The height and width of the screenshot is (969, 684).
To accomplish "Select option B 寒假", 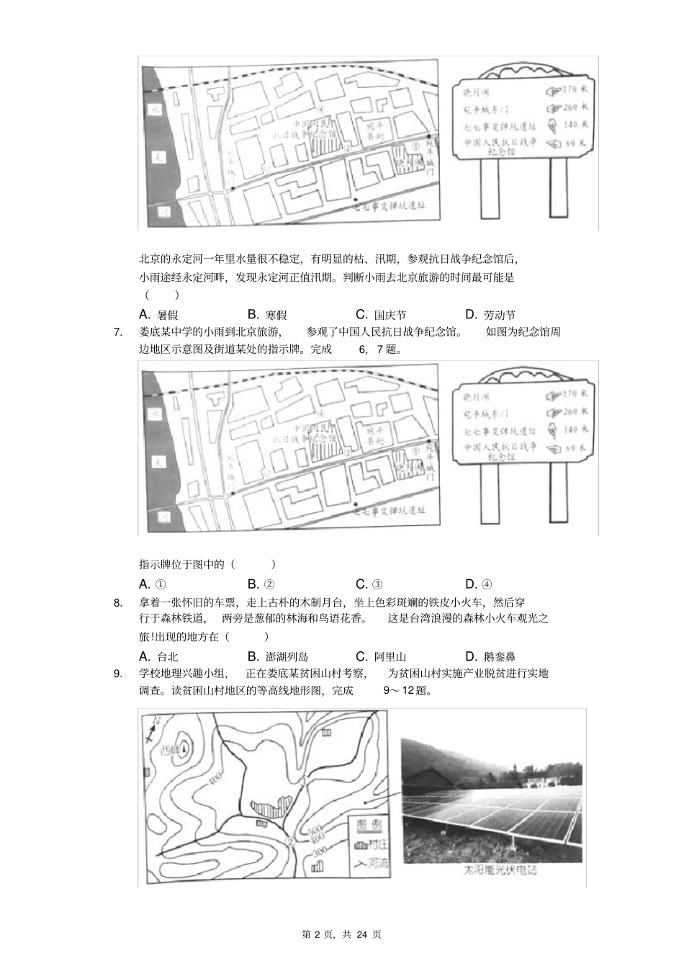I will coord(267,315).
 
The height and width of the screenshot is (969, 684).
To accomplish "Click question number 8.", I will coord(118,603).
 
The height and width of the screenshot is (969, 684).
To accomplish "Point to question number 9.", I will coord(118,674).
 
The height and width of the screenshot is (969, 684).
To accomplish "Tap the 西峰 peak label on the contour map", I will coord(171,748).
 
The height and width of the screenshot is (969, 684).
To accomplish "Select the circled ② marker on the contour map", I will coord(289,841).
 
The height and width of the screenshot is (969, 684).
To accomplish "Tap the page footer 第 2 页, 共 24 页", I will coord(341,934).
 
